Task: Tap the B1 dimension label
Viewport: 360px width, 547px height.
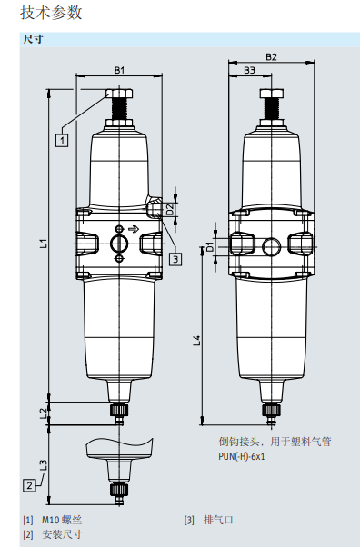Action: [119, 70]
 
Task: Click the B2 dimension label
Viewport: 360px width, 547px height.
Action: [271, 57]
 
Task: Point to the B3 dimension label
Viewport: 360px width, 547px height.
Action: [249, 70]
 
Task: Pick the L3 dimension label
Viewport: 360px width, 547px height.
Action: [43, 463]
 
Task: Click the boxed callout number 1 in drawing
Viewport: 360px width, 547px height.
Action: [62, 140]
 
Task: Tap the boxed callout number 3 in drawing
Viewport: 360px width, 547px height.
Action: [175, 258]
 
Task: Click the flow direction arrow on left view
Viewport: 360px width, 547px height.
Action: [134, 229]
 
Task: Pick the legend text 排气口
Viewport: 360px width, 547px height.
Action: [218, 520]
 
